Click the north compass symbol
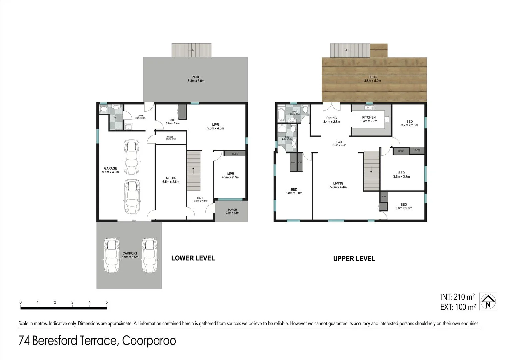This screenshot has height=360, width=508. (x=488, y=301)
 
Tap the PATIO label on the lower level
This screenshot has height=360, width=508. (x=196, y=79)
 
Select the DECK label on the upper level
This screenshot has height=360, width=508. (x=372, y=79)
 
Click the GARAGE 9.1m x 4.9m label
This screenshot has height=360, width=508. (x=110, y=170)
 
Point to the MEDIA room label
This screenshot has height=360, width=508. (x=171, y=180)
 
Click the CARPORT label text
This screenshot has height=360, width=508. (x=130, y=255)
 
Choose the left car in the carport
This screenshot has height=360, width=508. (x=111, y=255)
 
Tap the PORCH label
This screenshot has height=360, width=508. (x=232, y=211)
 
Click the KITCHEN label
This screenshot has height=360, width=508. (x=369, y=119)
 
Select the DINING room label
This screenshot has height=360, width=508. (x=331, y=120)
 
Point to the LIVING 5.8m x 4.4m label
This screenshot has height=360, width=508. (x=338, y=185)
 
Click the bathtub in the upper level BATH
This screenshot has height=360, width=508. (x=281, y=115)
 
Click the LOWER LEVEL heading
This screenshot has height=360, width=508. (x=193, y=258)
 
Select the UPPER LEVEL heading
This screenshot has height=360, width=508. (x=354, y=259)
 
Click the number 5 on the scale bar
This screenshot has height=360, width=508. (x=107, y=302)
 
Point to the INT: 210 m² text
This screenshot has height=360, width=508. (x=457, y=297)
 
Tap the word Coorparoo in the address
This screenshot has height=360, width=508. (x=149, y=341)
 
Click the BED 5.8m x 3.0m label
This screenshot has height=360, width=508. (x=294, y=191)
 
